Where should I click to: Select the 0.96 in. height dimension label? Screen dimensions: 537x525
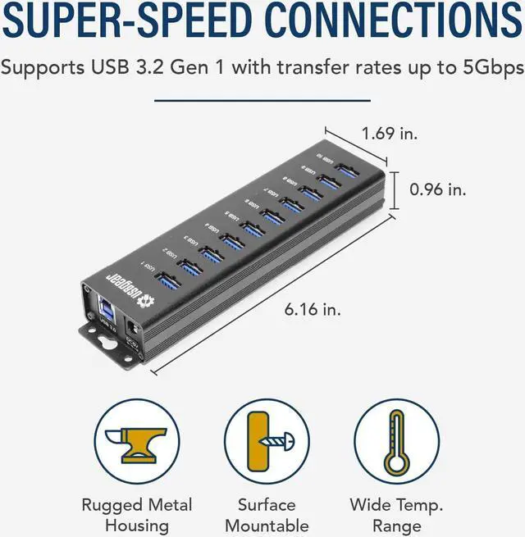click(437, 189)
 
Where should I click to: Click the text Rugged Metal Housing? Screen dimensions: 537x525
click(136, 515)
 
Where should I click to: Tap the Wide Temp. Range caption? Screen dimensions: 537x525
click(397, 515)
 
